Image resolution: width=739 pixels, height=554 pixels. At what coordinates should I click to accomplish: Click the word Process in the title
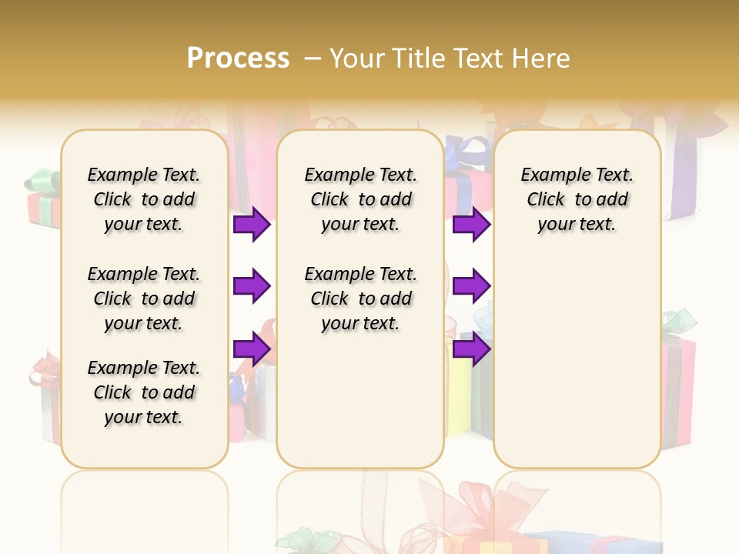[238, 58]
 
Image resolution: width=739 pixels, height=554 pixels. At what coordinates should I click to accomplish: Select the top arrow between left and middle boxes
[252, 225]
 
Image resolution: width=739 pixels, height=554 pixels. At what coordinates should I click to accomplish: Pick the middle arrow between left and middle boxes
[252, 286]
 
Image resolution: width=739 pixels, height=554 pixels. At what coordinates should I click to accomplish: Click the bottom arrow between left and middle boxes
[252, 349]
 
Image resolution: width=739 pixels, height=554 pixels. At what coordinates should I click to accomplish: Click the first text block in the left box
[144, 199]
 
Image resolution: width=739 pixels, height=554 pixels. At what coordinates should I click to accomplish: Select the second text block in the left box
[144, 299]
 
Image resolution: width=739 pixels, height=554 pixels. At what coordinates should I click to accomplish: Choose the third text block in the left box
[144, 392]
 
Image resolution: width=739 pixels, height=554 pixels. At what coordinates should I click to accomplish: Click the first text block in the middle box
[361, 199]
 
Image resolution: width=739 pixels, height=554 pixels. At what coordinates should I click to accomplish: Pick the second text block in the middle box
[361, 299]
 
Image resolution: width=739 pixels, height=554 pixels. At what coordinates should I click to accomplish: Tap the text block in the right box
[577, 199]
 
